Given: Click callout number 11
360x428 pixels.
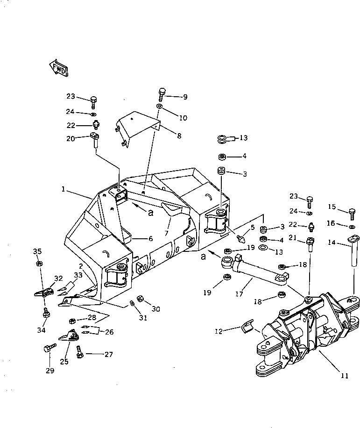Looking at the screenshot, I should [345, 375].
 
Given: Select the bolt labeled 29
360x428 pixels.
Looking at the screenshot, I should [49, 348].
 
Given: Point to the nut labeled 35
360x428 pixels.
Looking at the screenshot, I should [39, 264].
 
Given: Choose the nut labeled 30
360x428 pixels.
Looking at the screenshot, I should [139, 299].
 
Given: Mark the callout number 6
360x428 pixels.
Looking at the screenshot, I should [150, 238].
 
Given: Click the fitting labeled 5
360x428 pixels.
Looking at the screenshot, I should [241, 238].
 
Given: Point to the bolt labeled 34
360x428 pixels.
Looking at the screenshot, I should [46, 313].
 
